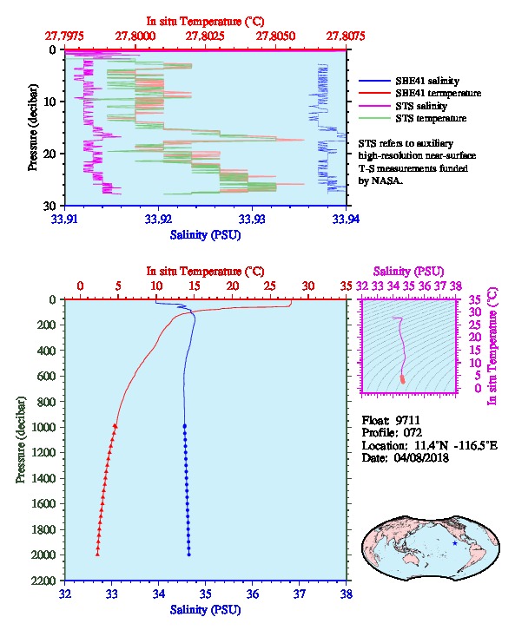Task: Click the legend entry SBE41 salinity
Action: [427, 81]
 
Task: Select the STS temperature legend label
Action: [431, 118]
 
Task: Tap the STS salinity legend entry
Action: [421, 106]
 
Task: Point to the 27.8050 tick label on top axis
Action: [275, 36]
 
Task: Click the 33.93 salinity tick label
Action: [252, 219]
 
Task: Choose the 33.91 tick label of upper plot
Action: [65, 219]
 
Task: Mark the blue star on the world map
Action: [455, 543]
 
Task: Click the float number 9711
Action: [407, 420]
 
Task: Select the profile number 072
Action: [413, 432]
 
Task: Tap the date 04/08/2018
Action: [421, 457]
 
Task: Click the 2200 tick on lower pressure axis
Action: [43, 581]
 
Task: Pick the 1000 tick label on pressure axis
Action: [43, 427]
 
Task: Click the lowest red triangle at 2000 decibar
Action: [97, 555]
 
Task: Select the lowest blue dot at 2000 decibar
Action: [189, 555]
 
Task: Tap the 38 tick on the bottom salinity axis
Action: [347, 594]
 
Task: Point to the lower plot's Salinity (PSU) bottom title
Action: [206, 609]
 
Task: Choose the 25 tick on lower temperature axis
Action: [270, 286]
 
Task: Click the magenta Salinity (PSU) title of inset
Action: [409, 272]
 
